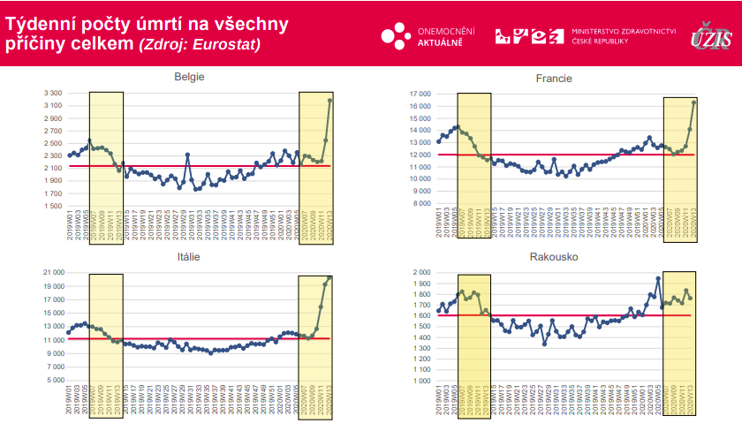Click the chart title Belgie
point(190,77)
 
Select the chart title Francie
point(554,79)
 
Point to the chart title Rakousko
point(554,257)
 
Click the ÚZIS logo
point(711,36)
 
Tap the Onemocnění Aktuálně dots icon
point(395,36)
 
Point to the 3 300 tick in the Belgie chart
point(52,93)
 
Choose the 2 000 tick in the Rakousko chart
point(420,272)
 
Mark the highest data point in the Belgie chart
point(329,100)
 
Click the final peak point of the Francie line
point(693,102)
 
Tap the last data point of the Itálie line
point(329,277)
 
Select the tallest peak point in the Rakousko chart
point(658,278)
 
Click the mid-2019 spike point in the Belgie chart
point(187,155)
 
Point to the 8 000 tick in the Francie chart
point(420,203)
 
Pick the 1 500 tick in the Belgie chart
point(52,206)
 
